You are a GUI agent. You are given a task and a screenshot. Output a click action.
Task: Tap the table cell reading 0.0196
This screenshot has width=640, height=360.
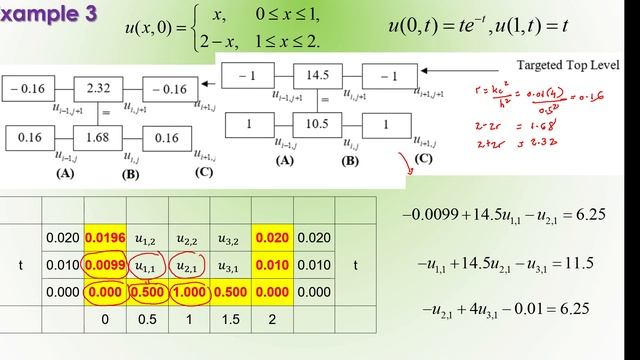tap(104, 239)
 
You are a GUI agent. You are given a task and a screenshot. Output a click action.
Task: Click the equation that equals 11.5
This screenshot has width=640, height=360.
tap(506, 263)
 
